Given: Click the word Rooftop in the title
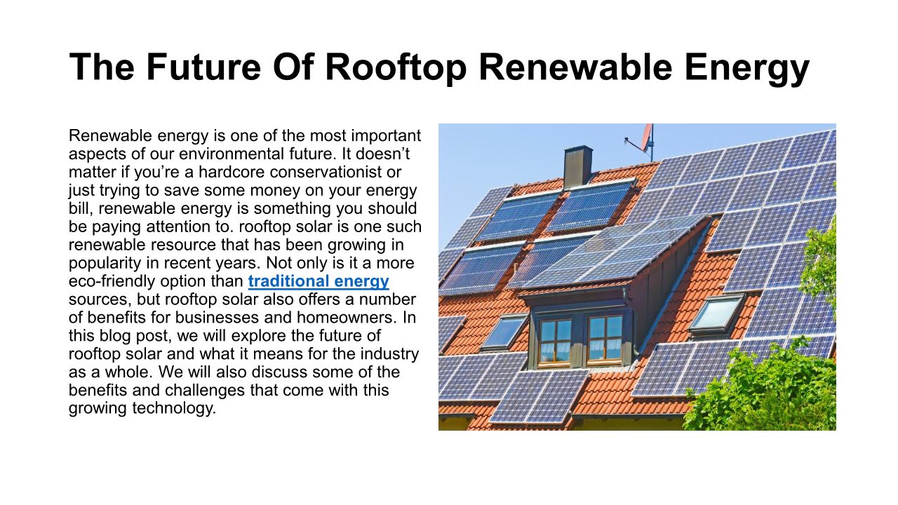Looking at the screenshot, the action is [396, 67].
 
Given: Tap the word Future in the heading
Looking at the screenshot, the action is [204, 67].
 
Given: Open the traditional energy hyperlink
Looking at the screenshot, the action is [319, 281].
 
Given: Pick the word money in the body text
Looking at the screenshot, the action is [275, 190].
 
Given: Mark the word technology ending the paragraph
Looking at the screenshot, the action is [174, 408].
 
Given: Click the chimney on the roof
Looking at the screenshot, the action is [577, 167].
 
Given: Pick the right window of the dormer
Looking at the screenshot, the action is [605, 340].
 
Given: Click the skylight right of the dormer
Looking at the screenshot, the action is [716, 314].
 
